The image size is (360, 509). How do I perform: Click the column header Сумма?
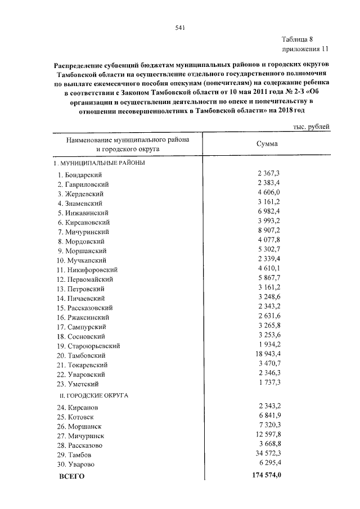267,143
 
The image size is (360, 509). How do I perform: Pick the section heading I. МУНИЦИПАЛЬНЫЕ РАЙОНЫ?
99,163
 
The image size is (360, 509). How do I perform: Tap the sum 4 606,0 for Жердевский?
268,193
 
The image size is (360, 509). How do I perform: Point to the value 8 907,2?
268,231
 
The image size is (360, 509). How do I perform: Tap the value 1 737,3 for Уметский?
268,383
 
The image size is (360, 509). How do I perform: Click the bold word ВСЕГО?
71,476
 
